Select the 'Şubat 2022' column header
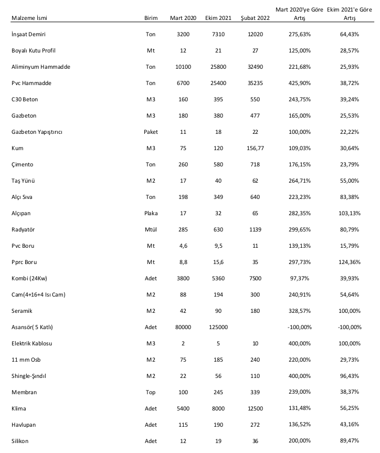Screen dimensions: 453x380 click(x=255, y=18)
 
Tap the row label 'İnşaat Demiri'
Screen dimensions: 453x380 click(x=28, y=34)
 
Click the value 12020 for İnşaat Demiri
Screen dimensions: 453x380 click(x=255, y=34)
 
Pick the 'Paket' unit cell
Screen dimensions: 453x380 click(x=151, y=132)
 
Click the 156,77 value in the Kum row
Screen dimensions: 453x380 click(x=255, y=148)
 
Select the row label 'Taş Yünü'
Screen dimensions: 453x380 click(x=24, y=181)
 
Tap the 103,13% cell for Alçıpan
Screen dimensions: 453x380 click(x=349, y=213)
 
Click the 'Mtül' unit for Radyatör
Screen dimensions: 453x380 click(x=151, y=229)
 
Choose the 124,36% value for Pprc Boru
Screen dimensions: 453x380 click(x=349, y=262)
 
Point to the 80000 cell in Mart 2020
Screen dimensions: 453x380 click(x=183, y=327)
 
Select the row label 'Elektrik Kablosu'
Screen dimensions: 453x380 click(x=32, y=343)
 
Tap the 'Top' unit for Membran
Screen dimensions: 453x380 click(x=151, y=392)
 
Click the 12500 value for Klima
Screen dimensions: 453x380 click(x=255, y=408)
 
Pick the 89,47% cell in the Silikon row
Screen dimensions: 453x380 click(x=349, y=441)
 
